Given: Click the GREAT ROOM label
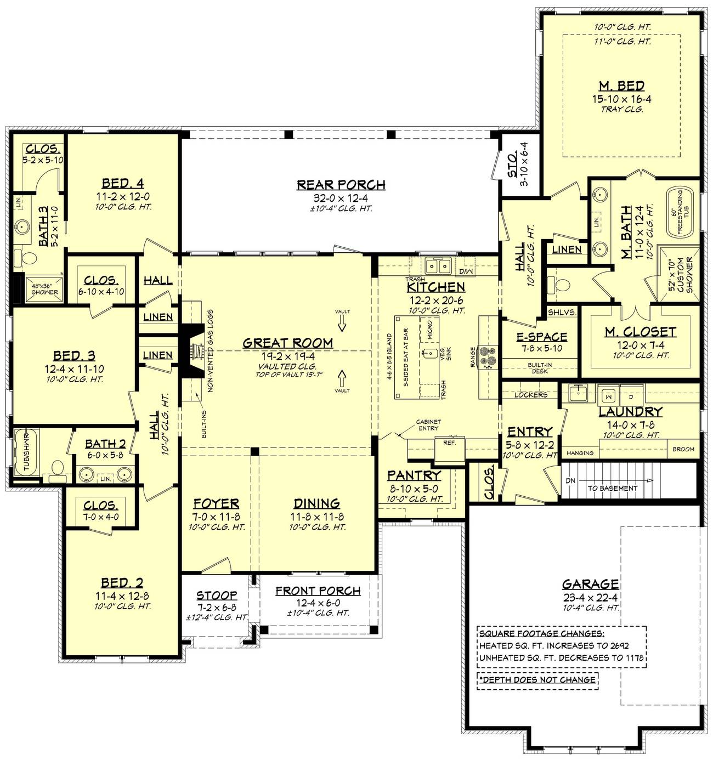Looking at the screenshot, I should (287, 343).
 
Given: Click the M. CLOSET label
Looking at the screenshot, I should (640, 332).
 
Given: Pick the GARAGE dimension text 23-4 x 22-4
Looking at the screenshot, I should (590, 597).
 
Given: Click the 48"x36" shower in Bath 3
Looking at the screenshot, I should (44, 289).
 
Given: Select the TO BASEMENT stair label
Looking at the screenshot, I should (613, 488).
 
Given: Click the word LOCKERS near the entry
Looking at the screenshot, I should (530, 395).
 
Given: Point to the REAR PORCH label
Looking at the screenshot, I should (341, 185).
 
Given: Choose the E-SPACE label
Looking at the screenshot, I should (541, 337).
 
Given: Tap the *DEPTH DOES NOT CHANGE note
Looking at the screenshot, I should (537, 679).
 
